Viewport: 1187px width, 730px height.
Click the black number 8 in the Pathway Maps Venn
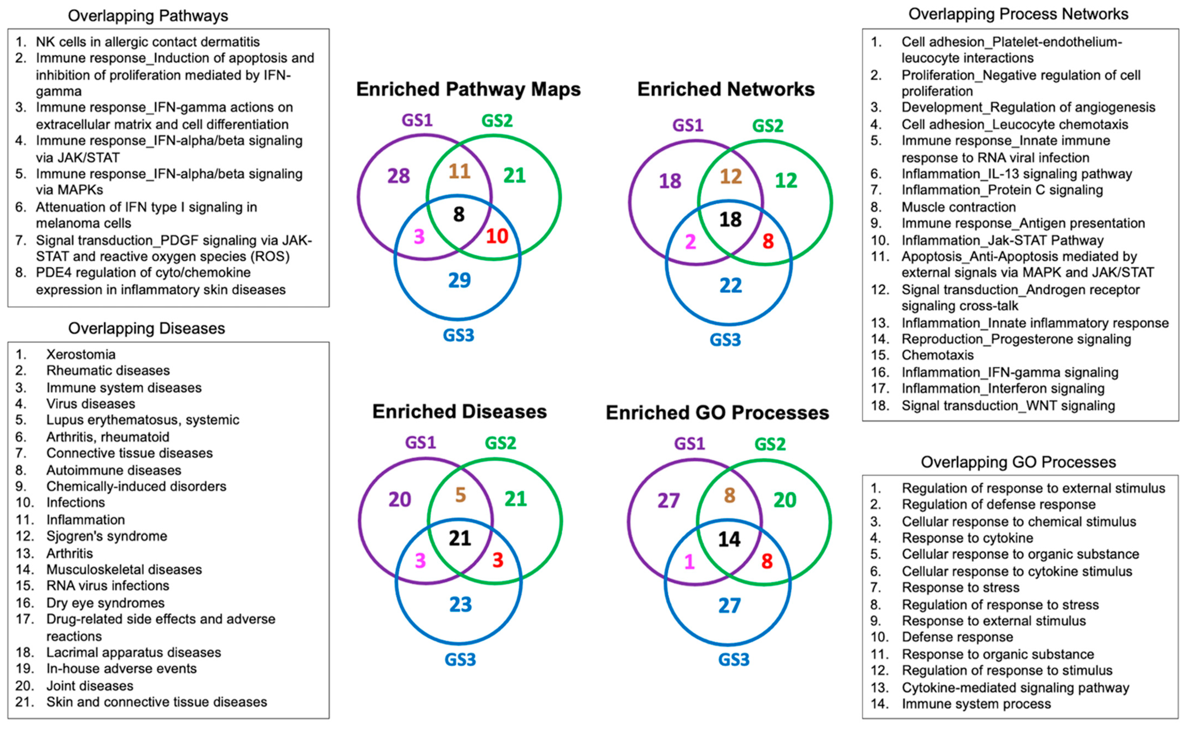pos(459,214)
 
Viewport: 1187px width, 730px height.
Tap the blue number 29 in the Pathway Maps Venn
pos(459,280)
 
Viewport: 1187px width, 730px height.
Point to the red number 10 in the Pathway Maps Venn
pos(497,236)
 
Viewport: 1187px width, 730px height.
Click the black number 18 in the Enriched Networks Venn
pos(730,220)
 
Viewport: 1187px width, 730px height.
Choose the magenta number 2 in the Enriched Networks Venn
pos(690,241)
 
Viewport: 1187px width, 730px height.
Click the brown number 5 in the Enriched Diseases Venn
pos(460,495)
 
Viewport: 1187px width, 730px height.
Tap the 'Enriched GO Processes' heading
pos(717,413)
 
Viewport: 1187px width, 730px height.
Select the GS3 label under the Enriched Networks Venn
pos(725,340)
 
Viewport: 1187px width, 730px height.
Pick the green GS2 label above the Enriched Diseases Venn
pos(500,443)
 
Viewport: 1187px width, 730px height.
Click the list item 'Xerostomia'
pos(81,354)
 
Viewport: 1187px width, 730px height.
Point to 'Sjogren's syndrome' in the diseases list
pos(106,536)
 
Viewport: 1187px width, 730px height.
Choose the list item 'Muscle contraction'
pos(959,207)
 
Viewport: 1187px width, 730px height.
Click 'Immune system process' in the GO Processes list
pos(976,704)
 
